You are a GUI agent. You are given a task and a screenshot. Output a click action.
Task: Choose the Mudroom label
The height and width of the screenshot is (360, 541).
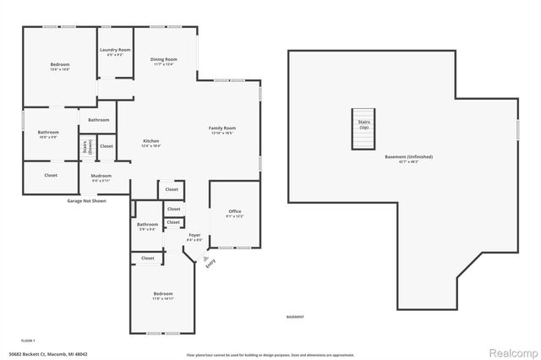pyautogui.click(x=101, y=177)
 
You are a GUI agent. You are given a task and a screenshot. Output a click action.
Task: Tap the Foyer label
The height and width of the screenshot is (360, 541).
pyautogui.click(x=194, y=237)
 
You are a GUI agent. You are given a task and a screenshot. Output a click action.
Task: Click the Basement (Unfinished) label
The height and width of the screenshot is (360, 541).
pyautogui.click(x=402, y=160)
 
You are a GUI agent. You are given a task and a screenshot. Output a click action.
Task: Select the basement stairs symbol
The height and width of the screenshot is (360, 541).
pyautogui.click(x=363, y=128)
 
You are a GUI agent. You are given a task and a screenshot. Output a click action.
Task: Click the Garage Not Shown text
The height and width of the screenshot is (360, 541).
pyautogui.click(x=86, y=201)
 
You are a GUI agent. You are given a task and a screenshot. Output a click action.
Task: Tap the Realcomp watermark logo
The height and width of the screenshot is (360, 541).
pyautogui.click(x=509, y=352)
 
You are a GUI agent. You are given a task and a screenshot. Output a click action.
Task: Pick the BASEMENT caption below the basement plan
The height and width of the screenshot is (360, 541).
pyautogui.click(x=296, y=318)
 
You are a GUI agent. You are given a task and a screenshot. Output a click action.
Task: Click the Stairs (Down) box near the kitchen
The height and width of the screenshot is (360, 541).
pyautogui.click(x=86, y=147)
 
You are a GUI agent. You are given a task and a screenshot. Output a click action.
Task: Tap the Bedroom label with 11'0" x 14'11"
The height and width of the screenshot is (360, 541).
pyautogui.click(x=162, y=296)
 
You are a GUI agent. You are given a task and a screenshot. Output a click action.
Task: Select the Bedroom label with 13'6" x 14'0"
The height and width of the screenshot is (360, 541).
pyautogui.click(x=59, y=67)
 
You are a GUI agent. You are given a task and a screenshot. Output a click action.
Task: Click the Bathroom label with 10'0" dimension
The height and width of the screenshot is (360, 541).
pyautogui.click(x=48, y=134)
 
